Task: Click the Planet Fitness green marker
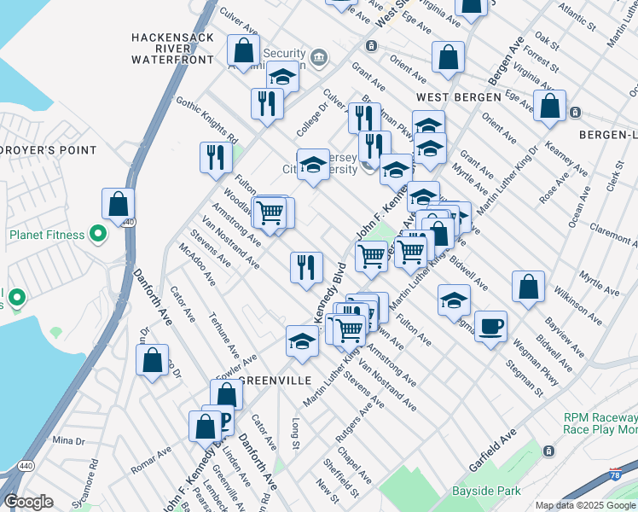pyautogui.click(x=98, y=232)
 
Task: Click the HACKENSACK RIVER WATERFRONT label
pyautogui.click(x=172, y=49)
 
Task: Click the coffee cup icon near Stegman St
pyautogui.click(x=490, y=326)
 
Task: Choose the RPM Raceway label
pyautogui.click(x=600, y=417)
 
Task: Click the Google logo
pyautogui.click(x=28, y=502)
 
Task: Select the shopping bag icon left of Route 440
pyautogui.click(x=118, y=203)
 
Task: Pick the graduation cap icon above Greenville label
pyautogui.click(x=302, y=340)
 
